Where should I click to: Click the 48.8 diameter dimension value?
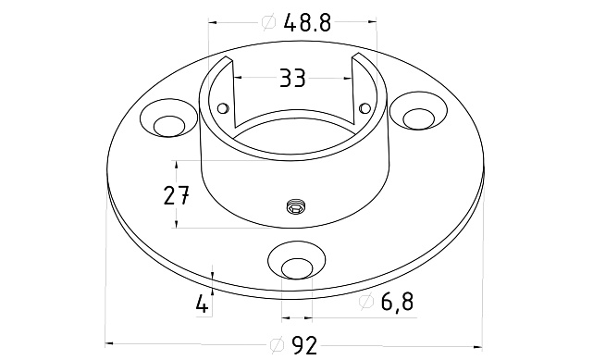point(307,23)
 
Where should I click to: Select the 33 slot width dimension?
point(292,79)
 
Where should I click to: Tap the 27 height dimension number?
point(176,195)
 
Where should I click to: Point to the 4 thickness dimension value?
point(202,304)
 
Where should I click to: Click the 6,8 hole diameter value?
point(397,302)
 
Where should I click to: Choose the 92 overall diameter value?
point(304,345)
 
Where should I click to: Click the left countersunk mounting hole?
point(169,118)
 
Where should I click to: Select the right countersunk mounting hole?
point(418,110)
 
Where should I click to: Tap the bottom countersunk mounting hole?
point(297,261)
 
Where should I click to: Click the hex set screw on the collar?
point(296,207)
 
